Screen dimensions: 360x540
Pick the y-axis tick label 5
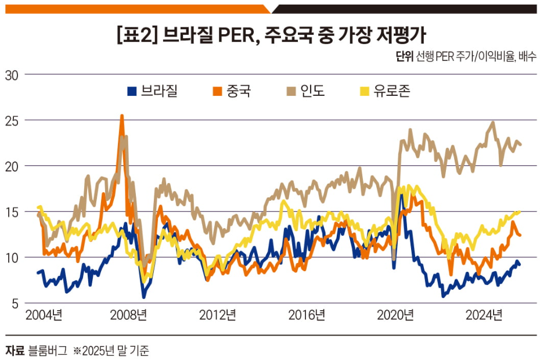click(x=15, y=303)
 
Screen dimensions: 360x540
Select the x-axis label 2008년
click(x=128, y=315)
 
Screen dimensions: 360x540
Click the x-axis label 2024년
click(x=484, y=315)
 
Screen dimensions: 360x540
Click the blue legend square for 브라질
click(x=132, y=92)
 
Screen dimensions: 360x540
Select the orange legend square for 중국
click(x=217, y=92)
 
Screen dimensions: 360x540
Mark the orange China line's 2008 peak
click(x=121, y=116)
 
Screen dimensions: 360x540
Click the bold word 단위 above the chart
click(x=404, y=57)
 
